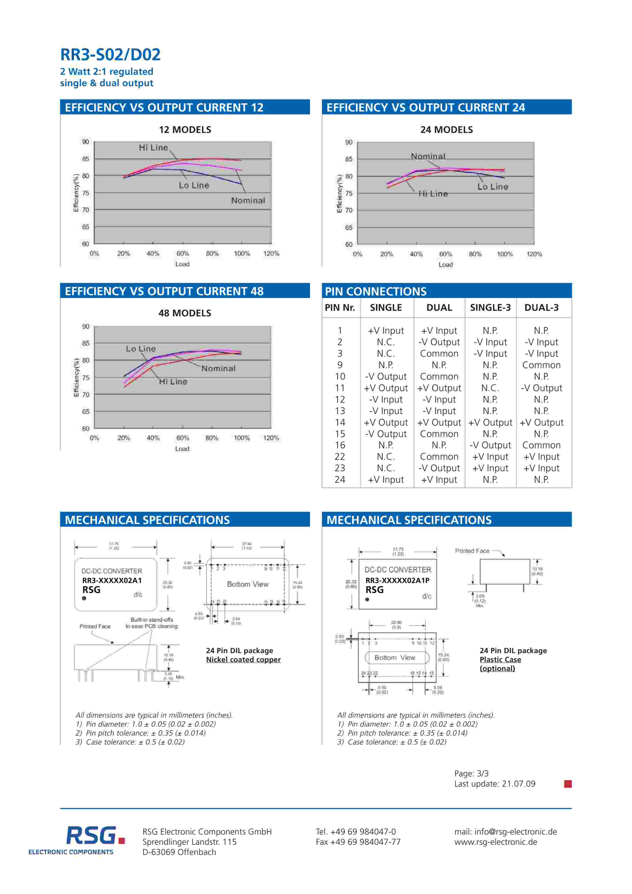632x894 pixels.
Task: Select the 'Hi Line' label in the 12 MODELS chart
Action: tap(153, 147)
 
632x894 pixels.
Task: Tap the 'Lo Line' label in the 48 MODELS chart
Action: tap(140, 349)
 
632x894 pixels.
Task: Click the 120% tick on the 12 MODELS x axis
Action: tap(271, 254)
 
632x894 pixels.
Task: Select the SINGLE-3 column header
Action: tap(490, 308)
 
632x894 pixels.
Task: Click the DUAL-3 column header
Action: tap(541, 308)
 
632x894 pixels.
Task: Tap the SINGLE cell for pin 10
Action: tap(386, 377)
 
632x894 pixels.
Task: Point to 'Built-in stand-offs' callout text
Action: tap(152, 619)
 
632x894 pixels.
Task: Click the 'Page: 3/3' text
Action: tap(471, 773)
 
